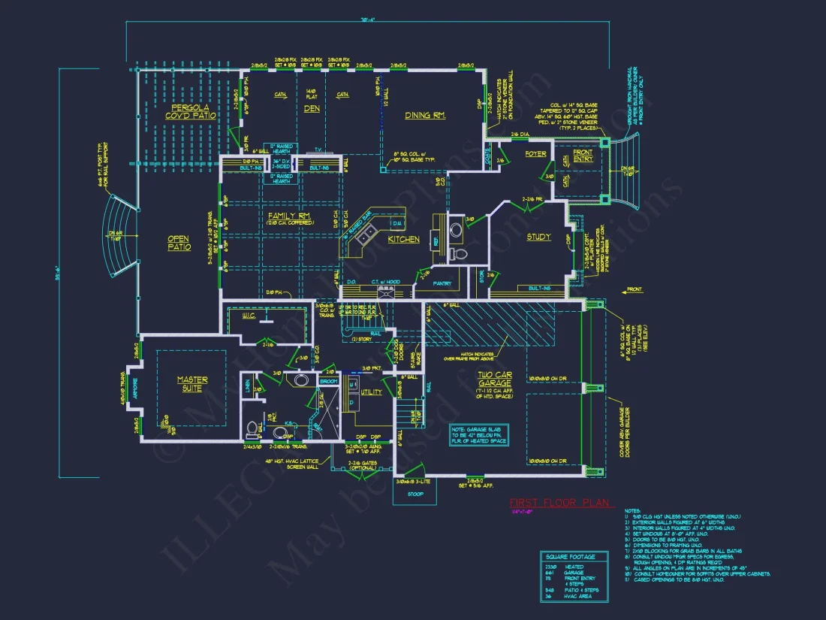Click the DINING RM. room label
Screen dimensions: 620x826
tap(425, 115)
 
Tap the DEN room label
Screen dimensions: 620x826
tap(311, 108)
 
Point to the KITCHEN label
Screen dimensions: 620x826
tap(403, 240)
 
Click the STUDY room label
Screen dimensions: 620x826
tap(538, 237)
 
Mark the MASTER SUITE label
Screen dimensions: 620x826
tap(192, 385)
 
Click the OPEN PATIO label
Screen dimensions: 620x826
tap(179, 243)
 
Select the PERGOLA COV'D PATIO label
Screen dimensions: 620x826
tap(191, 111)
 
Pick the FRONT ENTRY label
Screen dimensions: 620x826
tap(583, 156)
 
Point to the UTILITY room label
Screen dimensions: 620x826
tap(372, 392)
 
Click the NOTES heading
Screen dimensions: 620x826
tap(633, 510)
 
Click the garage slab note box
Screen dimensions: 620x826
tap(479, 434)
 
